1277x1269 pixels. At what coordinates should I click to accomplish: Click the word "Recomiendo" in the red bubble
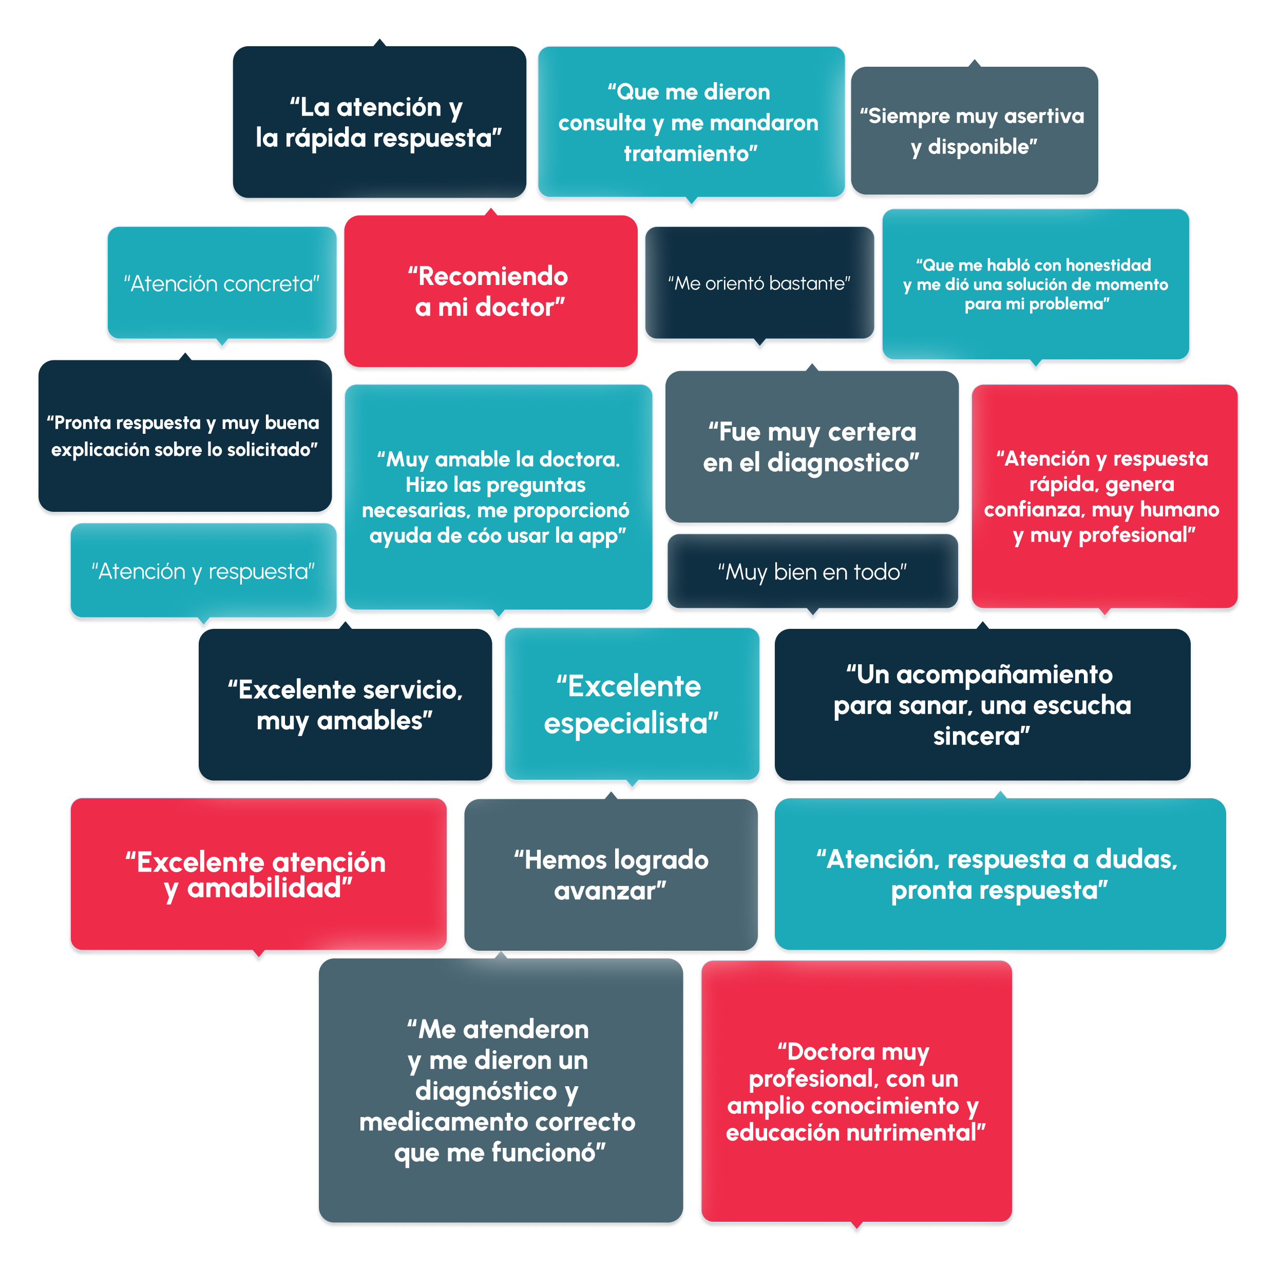(x=493, y=276)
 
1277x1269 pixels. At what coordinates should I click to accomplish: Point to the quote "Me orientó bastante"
(x=759, y=283)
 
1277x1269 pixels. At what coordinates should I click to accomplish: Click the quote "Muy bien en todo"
(x=812, y=572)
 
